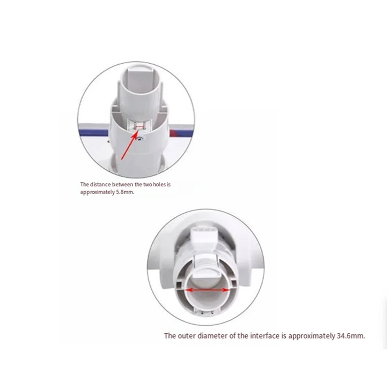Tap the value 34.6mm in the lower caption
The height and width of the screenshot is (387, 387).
click(351, 335)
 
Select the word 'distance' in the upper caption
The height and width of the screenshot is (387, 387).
click(100, 184)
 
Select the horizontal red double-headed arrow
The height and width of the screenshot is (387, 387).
click(208, 289)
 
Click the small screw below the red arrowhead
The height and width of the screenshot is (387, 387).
click(140, 139)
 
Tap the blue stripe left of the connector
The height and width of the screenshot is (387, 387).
click(92, 129)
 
